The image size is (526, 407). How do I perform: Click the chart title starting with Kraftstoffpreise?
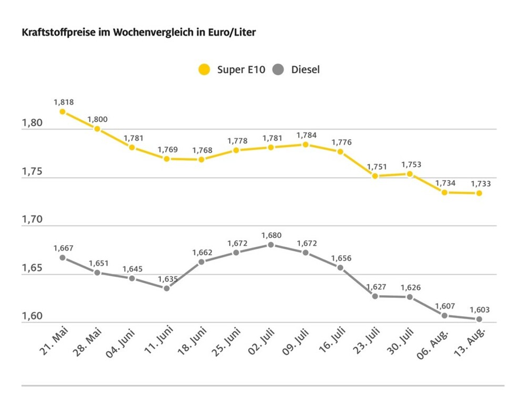138,33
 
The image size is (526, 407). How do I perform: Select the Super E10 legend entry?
231,69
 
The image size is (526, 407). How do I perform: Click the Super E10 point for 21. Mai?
63,111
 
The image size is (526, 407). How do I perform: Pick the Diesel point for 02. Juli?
270,245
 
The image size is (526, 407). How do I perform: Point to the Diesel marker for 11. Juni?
167,288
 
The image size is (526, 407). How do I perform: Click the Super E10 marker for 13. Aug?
479,193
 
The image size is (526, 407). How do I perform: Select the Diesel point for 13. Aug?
479,319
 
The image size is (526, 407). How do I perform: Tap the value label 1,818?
63,102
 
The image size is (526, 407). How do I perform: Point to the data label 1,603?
479,309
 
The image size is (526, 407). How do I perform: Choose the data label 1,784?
306,135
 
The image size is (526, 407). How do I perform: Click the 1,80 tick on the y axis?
31,123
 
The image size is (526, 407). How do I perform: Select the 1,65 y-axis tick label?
31,268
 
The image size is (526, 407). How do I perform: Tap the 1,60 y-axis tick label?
31,317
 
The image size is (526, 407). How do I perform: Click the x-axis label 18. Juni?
191,342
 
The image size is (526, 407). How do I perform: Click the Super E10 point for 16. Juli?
340,152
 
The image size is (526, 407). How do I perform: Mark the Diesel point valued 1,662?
201,262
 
